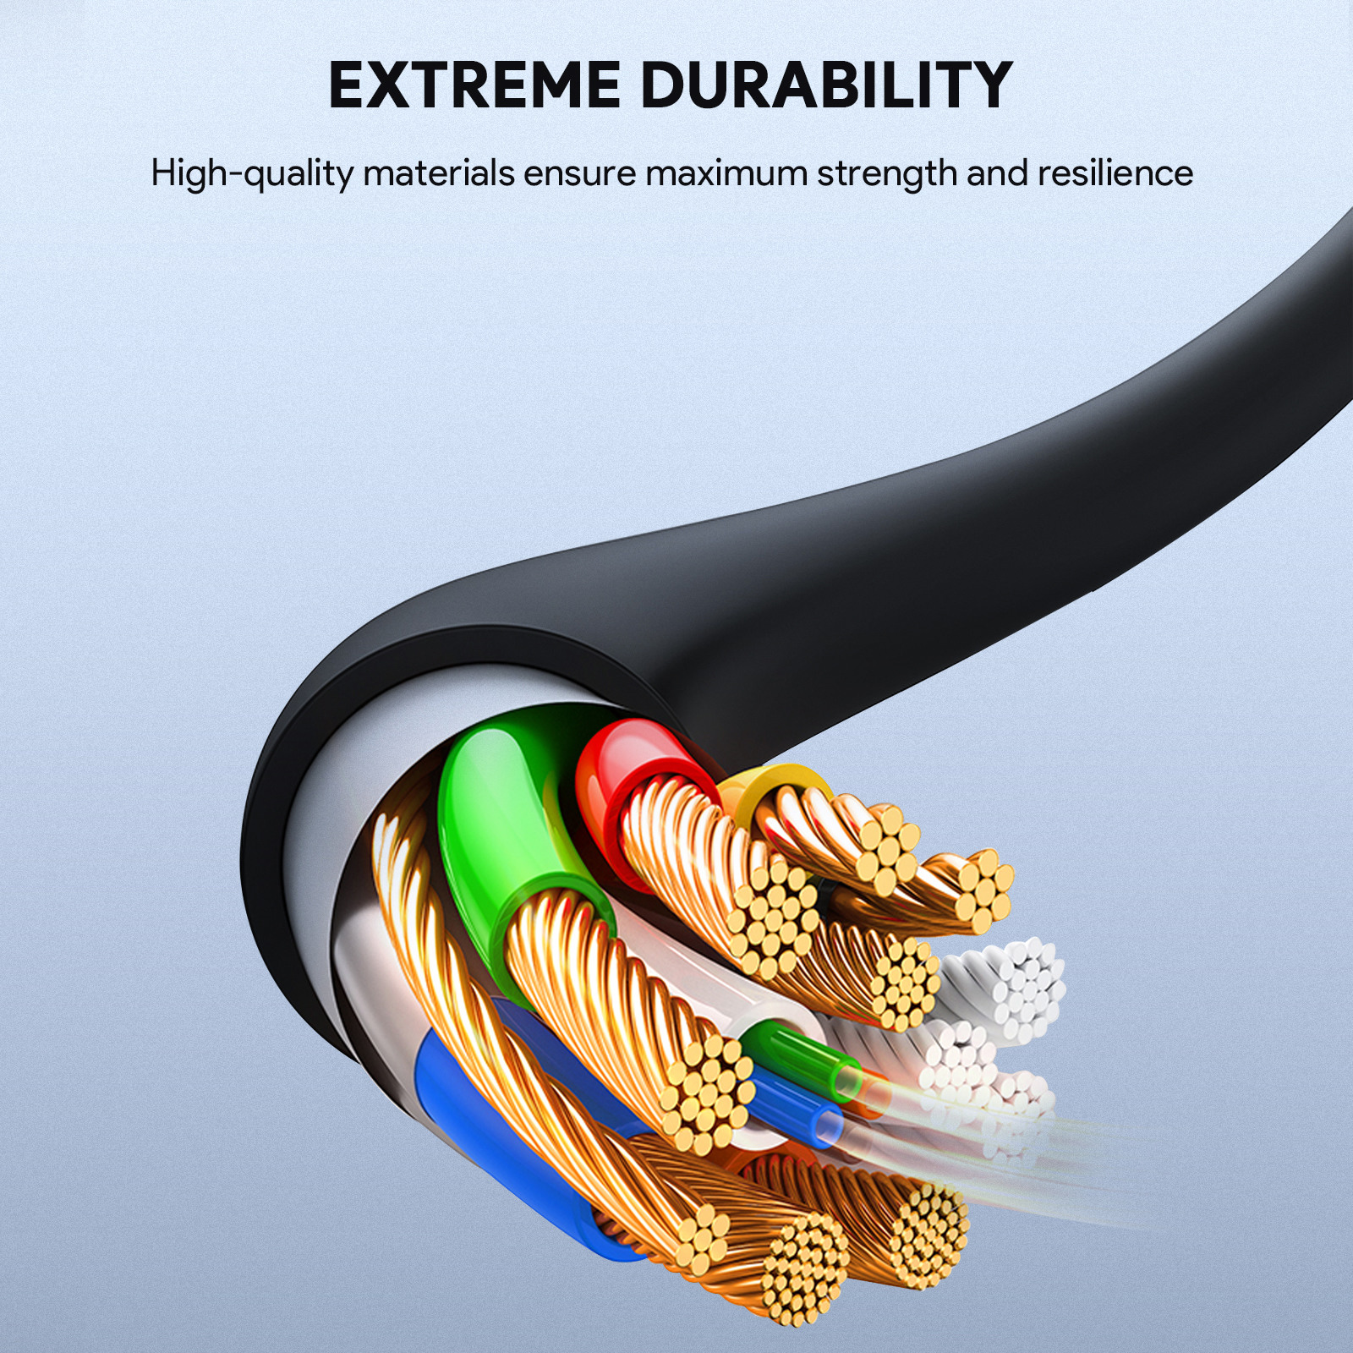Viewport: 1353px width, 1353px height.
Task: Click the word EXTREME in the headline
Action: click(x=474, y=85)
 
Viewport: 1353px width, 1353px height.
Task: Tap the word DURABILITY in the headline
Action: click(x=826, y=85)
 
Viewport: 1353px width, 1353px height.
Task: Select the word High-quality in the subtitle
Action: click(x=252, y=173)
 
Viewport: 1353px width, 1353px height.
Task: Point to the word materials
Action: click(x=438, y=173)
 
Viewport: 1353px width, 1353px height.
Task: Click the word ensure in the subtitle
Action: click(x=579, y=173)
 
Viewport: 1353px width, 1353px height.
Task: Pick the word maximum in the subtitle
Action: click(x=726, y=173)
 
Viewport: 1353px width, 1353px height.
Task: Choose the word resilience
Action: click(x=1115, y=173)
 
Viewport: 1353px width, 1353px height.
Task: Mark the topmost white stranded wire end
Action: click(x=1027, y=985)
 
